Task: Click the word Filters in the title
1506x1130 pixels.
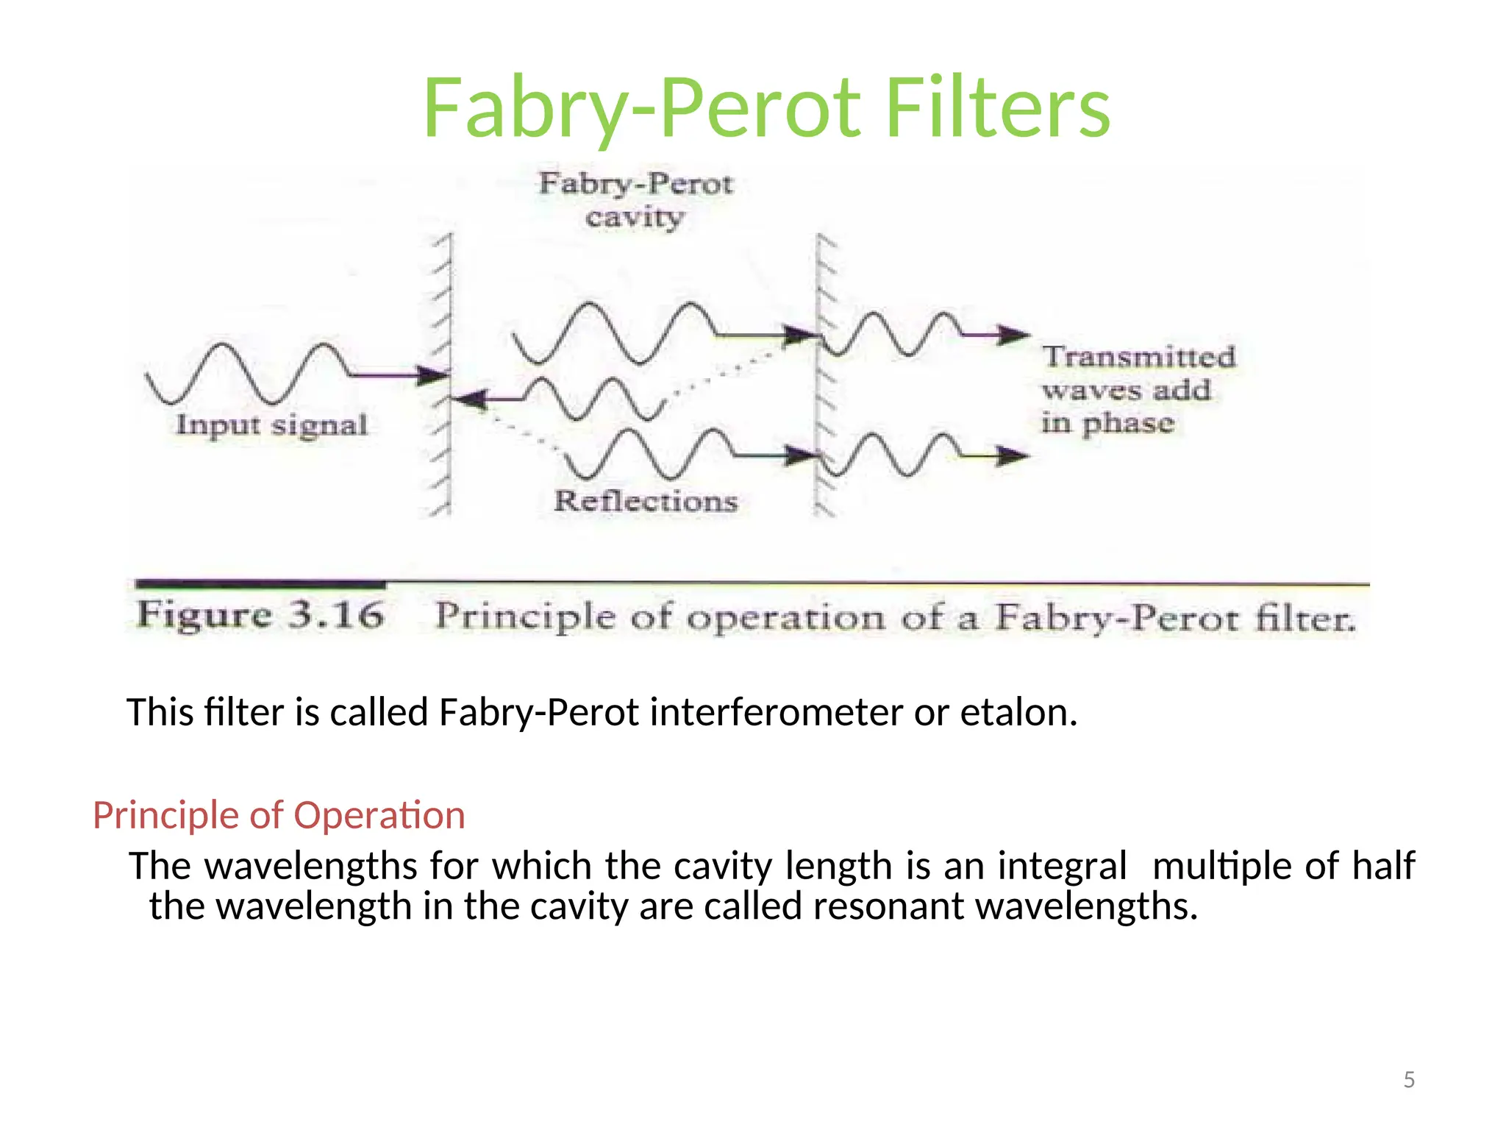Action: click(x=998, y=108)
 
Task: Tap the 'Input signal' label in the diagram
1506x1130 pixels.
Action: click(x=271, y=425)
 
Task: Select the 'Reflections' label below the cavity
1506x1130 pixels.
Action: click(x=646, y=501)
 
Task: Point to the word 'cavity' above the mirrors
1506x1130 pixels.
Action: click(x=635, y=218)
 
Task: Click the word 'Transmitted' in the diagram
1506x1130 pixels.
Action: click(x=1138, y=357)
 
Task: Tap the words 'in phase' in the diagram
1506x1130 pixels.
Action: click(x=1107, y=423)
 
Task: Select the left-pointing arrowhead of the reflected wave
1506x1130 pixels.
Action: click(x=468, y=399)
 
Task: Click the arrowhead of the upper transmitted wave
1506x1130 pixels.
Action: click(x=1015, y=335)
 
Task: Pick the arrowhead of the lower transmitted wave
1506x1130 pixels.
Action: click(x=1013, y=456)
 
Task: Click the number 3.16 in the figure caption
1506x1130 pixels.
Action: click(x=336, y=615)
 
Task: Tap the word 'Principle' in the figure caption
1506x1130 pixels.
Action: click(x=525, y=616)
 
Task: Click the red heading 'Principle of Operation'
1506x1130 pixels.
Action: click(x=279, y=815)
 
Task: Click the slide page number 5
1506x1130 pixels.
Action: click(x=1408, y=1080)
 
